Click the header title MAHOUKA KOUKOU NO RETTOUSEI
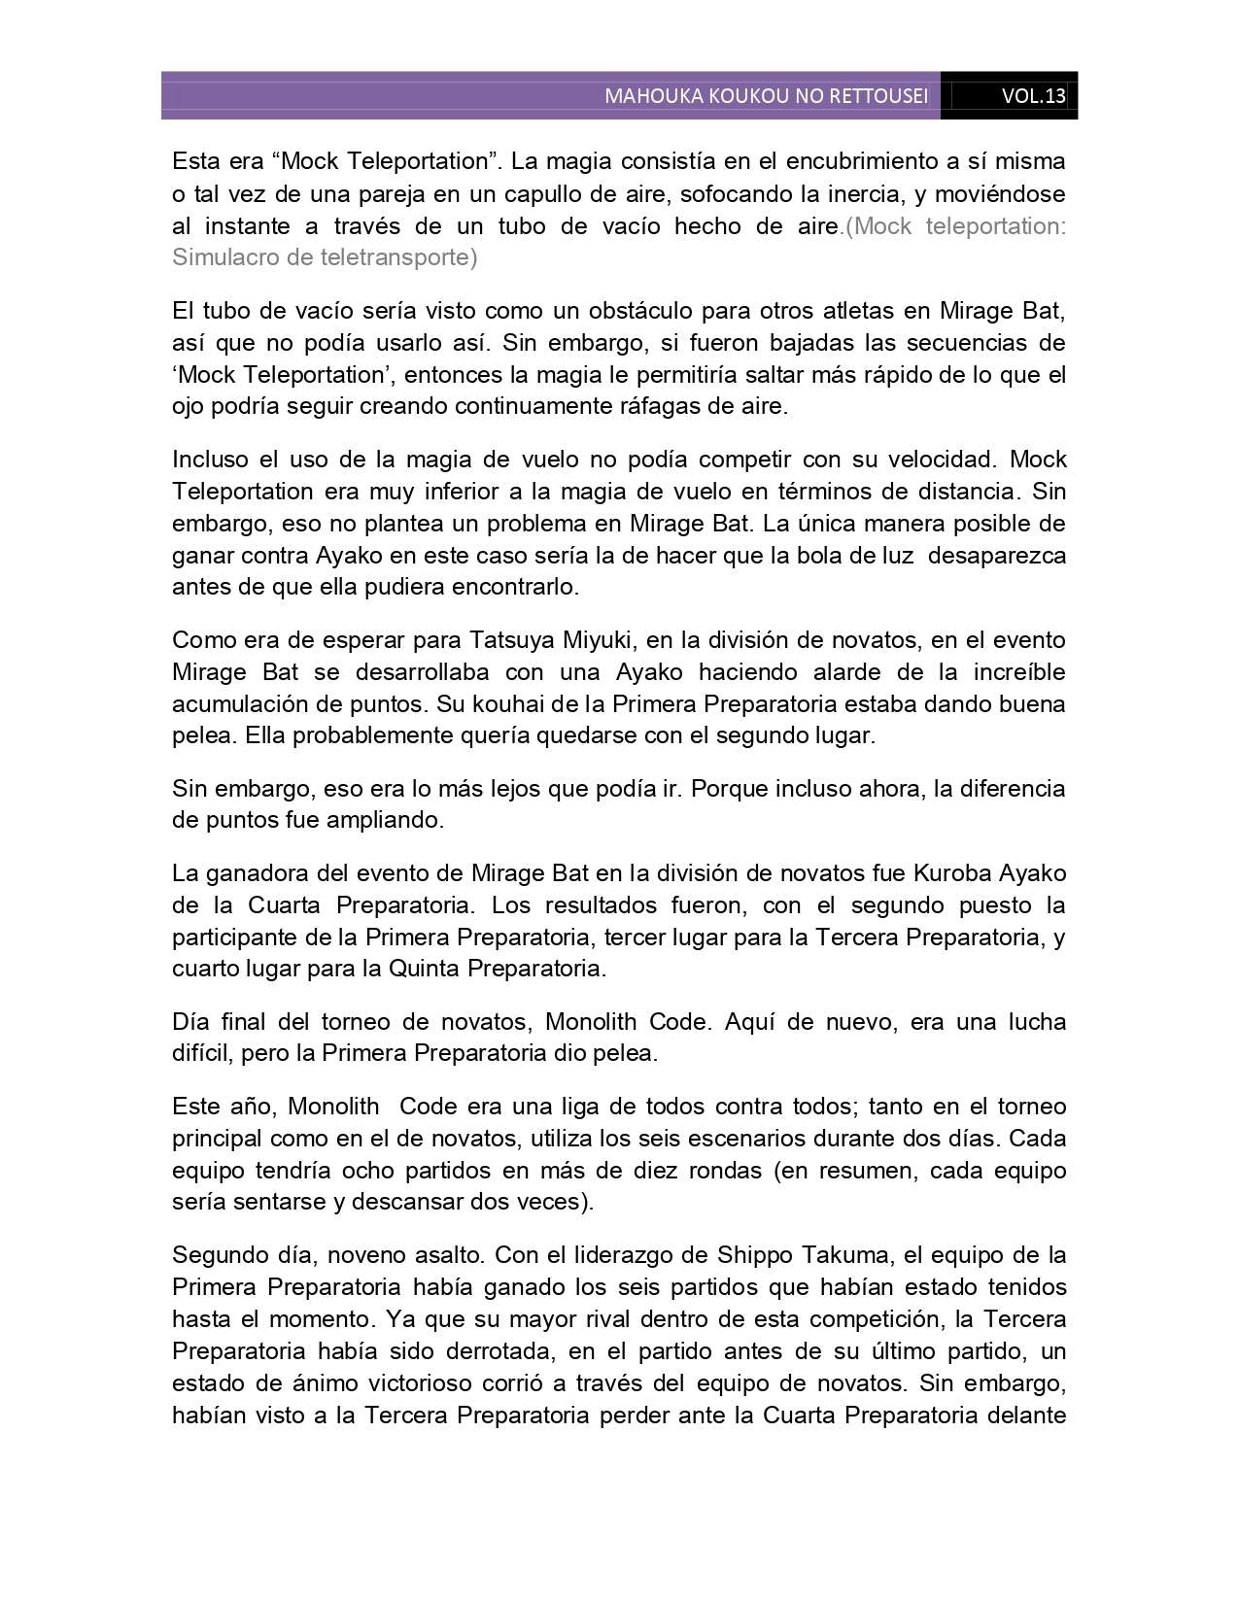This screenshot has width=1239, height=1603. coord(766,96)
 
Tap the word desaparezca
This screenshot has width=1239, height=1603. coord(997,555)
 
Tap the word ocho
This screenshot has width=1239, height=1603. coord(369,1170)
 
